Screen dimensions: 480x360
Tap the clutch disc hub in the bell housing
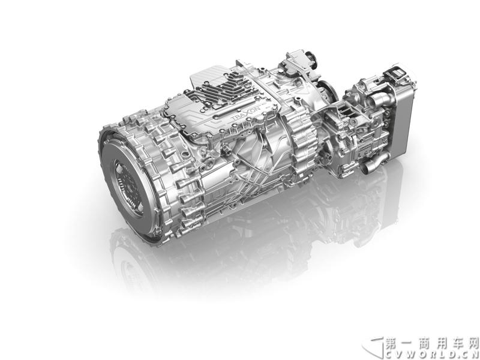point(127,187)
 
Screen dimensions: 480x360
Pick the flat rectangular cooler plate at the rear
point(403,121)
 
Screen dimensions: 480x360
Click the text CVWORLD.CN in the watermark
point(431,355)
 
